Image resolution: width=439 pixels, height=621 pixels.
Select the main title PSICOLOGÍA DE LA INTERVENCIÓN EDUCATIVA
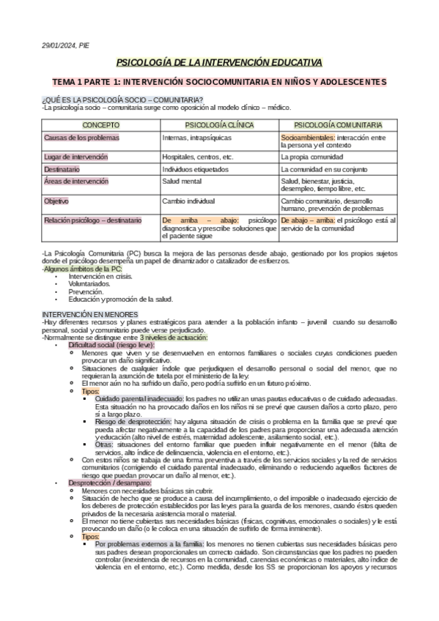tap(219, 63)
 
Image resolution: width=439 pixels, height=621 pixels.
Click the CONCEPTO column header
tap(100, 125)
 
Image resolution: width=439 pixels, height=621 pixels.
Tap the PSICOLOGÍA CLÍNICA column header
tap(218, 125)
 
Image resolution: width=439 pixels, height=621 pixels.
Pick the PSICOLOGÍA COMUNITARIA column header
tap(339, 125)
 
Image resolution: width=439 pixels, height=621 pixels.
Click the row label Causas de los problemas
tap(81, 138)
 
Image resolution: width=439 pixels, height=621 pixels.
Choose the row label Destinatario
tap(62, 168)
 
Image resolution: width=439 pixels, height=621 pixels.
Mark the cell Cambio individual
tap(188, 200)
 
